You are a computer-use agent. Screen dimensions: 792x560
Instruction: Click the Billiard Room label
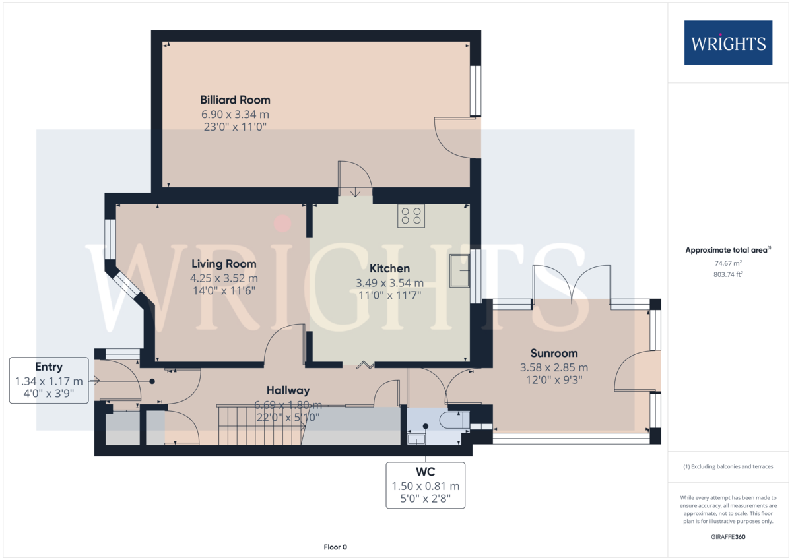coord(235,100)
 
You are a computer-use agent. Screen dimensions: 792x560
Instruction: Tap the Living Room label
coord(224,264)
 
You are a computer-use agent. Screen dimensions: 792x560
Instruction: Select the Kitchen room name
coord(389,268)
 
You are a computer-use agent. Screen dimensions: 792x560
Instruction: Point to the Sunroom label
coord(554,353)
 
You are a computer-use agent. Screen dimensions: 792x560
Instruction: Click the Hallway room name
coord(288,390)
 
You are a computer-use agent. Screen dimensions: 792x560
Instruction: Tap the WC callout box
coord(425,485)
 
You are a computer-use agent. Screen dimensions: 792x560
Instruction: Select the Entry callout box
coord(49,381)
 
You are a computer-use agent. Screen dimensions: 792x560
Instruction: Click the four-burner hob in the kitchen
coord(411,216)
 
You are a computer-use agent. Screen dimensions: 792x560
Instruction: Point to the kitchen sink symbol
coord(459,270)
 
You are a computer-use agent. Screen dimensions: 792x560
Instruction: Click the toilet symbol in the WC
coord(454,420)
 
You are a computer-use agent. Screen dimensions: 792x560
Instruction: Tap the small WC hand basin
coord(416,439)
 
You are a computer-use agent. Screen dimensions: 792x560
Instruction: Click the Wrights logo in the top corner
coord(728,43)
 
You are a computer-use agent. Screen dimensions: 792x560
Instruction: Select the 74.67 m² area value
coord(728,263)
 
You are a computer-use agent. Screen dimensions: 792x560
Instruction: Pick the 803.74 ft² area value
coord(728,274)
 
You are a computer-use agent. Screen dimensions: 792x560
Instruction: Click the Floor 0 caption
coord(335,547)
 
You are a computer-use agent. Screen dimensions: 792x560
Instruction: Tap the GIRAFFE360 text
coord(728,537)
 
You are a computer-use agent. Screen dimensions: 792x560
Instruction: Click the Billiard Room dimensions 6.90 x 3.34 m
coord(235,115)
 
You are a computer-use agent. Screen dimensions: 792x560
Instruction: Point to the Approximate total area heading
coord(728,250)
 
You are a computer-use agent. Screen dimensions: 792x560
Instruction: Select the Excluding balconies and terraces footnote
coord(728,466)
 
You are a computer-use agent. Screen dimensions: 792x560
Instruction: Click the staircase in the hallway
coord(261,425)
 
